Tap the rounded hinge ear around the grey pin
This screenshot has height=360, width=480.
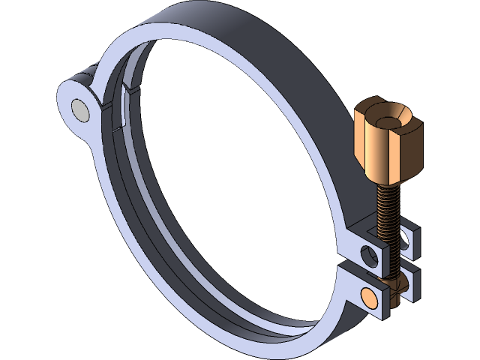click(x=70, y=95)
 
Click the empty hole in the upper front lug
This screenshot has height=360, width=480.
click(x=369, y=255)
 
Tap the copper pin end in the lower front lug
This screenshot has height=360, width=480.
click(x=370, y=295)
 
